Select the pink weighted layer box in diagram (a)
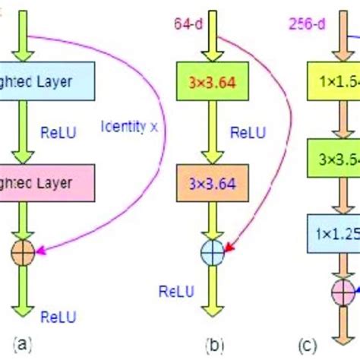point(46,184)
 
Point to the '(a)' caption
point(24,342)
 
